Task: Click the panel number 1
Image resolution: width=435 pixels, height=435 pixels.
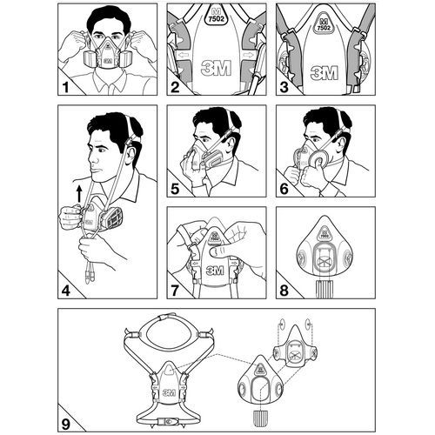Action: [x=66, y=88]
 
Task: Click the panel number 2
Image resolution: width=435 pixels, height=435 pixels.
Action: [x=175, y=88]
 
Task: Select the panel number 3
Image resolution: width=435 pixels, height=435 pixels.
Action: [x=284, y=88]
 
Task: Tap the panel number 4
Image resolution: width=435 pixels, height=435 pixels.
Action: [x=66, y=291]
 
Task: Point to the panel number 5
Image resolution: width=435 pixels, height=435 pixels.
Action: [x=175, y=189]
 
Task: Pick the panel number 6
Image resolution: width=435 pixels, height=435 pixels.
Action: [x=284, y=189]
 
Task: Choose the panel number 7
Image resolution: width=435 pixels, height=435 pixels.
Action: [x=175, y=291]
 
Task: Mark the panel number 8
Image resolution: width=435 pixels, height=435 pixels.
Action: [x=284, y=291]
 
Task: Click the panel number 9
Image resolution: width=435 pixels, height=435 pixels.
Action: [x=66, y=425]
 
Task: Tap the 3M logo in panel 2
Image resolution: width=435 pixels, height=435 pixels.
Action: [x=217, y=68]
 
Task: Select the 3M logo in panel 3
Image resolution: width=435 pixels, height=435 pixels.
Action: [x=325, y=72]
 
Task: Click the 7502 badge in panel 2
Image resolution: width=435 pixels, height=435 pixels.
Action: [x=217, y=17]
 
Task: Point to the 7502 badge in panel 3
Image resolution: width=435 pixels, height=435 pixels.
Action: [x=324, y=25]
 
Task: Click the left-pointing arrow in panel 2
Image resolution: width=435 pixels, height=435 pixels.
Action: [x=184, y=55]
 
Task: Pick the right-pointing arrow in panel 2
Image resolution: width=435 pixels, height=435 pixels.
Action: [x=249, y=55]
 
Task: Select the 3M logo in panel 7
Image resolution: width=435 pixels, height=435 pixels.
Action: [x=215, y=271]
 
